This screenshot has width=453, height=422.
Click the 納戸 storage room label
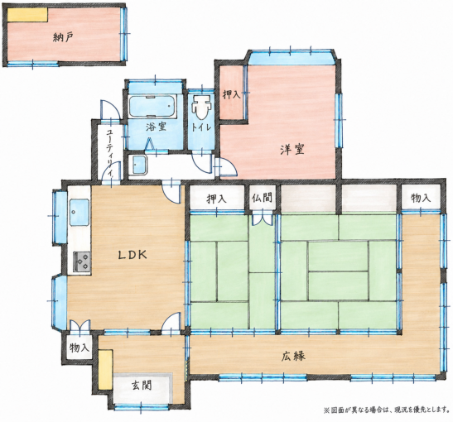click(63, 37)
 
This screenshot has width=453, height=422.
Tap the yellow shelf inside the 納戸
click(27, 14)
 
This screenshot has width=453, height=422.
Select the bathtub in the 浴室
click(152, 107)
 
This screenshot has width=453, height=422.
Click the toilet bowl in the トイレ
click(201, 107)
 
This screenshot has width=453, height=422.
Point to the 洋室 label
click(292, 150)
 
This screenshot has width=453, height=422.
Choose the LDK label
click(133, 255)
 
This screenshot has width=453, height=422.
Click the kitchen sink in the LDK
click(79, 212)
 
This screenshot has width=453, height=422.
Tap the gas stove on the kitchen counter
click(82, 261)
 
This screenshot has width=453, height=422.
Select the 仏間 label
click(262, 199)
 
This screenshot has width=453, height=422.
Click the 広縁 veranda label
click(293, 356)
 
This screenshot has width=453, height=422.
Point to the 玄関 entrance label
click(142, 386)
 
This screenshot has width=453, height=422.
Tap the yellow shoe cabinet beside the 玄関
click(105, 370)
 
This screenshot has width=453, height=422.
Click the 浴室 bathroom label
click(156, 127)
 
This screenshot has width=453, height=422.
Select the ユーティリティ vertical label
click(110, 153)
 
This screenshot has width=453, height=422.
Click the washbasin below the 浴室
click(137, 165)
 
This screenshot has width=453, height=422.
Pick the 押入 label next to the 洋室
click(231, 94)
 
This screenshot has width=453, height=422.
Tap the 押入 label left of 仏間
click(216, 199)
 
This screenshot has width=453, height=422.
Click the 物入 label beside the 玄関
click(79, 348)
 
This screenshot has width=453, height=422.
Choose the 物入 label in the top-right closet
click(421, 198)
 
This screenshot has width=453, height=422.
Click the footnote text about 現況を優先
click(386, 410)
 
